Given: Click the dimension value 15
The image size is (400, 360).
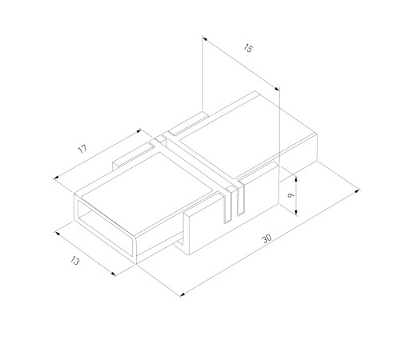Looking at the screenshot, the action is (x=248, y=49).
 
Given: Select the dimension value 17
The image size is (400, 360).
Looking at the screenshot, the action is (x=82, y=149).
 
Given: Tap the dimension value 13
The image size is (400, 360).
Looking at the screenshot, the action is (x=75, y=261).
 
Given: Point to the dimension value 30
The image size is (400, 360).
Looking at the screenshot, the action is (x=267, y=238).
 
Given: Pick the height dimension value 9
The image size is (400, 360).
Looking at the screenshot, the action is (x=291, y=195).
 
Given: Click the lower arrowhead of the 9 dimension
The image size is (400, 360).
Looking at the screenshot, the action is (x=296, y=212).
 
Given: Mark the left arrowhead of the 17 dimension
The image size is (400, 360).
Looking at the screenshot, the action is (x=56, y=178).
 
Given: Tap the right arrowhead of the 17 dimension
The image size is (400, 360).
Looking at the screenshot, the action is (x=138, y=131).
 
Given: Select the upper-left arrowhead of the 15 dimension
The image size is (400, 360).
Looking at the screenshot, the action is (x=205, y=39).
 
